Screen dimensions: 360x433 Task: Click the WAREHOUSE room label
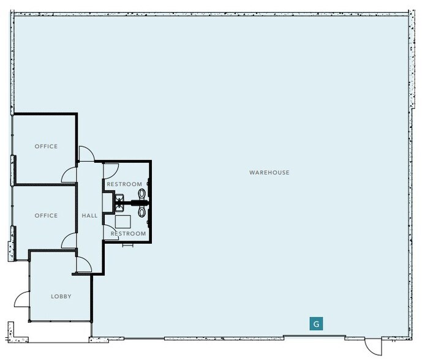click(269, 173)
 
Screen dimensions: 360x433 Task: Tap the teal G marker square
click(316, 324)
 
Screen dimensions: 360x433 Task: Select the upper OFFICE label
click(46, 146)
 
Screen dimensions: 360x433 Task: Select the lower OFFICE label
click(46, 216)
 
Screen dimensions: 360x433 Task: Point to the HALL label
click(89, 216)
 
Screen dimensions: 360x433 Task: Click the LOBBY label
click(61, 296)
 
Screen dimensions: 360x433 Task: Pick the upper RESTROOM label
click(124, 184)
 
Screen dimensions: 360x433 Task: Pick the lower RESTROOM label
click(128, 234)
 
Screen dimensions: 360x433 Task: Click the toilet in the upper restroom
click(143, 194)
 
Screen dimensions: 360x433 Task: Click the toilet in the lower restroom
click(143, 211)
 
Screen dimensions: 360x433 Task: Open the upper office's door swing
click(69, 174)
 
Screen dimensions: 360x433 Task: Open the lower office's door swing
click(69, 241)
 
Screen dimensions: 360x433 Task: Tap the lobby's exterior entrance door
click(22, 300)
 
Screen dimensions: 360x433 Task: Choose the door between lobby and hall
click(82, 264)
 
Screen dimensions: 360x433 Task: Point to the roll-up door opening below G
click(314, 336)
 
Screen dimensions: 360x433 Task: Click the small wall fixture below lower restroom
click(128, 245)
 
